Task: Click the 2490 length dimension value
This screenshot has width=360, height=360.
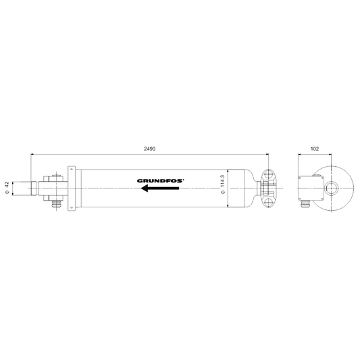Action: [x=149, y=149]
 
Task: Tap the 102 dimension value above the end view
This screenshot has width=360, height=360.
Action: [x=315, y=149]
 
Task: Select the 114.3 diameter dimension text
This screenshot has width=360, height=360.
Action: [x=222, y=182]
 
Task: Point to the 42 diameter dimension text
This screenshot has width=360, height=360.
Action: [x=7, y=184]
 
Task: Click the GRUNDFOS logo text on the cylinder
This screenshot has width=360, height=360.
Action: [x=161, y=181]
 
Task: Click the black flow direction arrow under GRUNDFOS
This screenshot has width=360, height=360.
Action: [x=160, y=188]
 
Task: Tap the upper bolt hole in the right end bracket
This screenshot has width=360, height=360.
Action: [x=268, y=174]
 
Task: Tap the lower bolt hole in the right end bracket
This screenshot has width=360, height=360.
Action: [x=268, y=203]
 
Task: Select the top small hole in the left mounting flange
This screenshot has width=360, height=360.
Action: [x=72, y=170]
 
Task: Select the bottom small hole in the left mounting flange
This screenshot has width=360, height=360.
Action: [x=72, y=207]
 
